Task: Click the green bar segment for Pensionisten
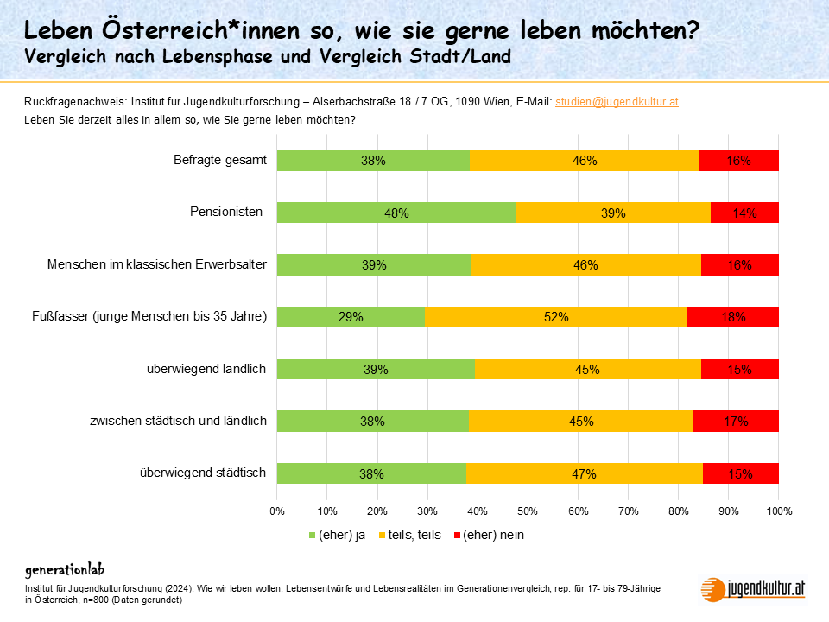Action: pyautogui.click(x=396, y=213)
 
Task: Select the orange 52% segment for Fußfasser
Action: pyautogui.click(x=556, y=317)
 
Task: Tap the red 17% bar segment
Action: pyautogui.click(x=736, y=421)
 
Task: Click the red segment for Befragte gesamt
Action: pyautogui.click(x=739, y=161)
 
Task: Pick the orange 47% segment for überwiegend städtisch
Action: pyautogui.click(x=584, y=473)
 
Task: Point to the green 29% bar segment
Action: pyautogui.click(x=351, y=317)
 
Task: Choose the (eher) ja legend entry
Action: pyautogui.click(x=338, y=535)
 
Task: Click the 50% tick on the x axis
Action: pyautogui.click(x=528, y=511)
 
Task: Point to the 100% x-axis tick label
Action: pyautogui.click(x=778, y=511)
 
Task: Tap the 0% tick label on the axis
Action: pyautogui.click(x=277, y=511)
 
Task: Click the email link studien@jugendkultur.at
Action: pyautogui.click(x=617, y=101)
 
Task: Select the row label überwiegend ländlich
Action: pyautogui.click(x=206, y=369)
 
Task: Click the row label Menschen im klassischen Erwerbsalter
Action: pyautogui.click(x=157, y=264)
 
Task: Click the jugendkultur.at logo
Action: pyautogui.click(x=753, y=588)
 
